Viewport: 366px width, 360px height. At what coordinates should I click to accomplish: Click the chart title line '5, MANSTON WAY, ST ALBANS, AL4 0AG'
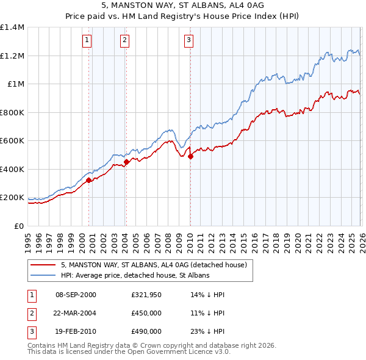[183, 7]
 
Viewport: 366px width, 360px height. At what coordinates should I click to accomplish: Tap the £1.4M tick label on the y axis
[12, 27]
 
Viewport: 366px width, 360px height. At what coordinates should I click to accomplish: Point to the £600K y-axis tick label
[12, 141]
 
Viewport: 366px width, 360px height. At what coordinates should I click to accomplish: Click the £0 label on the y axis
[20, 226]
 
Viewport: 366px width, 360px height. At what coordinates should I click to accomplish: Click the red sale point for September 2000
[89, 180]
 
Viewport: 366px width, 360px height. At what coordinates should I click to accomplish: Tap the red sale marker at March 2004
[127, 162]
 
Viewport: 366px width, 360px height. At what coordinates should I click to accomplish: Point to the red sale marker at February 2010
[190, 157]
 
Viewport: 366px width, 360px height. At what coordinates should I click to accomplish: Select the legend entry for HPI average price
[135, 275]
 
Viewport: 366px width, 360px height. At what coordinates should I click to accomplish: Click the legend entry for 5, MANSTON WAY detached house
[153, 265]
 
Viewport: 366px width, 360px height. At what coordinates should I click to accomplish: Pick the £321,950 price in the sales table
[146, 295]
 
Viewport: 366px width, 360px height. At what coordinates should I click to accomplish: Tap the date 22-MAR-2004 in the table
[76, 313]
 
